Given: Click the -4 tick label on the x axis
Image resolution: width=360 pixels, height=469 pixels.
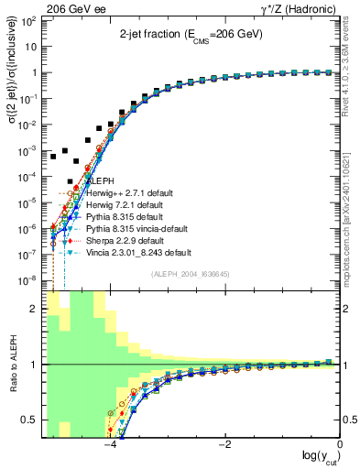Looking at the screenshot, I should tap(109, 446).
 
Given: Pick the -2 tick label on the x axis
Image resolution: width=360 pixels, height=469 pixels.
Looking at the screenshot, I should tap(224, 446).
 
